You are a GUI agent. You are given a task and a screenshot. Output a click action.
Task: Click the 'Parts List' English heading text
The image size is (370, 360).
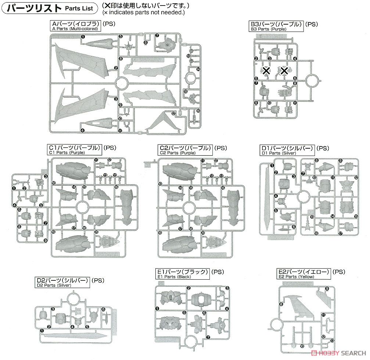(79, 8)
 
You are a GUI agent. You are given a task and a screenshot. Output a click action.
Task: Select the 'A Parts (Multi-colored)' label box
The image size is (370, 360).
(75, 26)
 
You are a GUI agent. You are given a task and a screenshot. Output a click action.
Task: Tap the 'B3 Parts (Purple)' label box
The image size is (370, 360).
(276, 26)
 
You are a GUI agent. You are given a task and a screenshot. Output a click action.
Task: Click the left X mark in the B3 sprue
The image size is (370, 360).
(266, 70)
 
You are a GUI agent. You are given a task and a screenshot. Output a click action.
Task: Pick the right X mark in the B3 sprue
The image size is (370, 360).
(284, 70)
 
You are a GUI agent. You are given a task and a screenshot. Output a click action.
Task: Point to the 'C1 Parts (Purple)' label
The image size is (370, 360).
(75, 150)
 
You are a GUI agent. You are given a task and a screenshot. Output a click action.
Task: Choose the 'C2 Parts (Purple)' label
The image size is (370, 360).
(185, 150)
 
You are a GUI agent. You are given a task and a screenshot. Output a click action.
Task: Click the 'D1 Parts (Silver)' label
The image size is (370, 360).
(287, 150)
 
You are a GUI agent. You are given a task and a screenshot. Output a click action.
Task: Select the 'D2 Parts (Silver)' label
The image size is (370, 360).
(62, 283)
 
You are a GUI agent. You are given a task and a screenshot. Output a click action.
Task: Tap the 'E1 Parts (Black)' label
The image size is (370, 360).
(183, 274)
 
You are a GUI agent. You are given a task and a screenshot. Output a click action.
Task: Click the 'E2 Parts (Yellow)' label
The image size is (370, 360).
(304, 274)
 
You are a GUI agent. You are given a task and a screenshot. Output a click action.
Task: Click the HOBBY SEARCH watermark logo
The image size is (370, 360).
(339, 353)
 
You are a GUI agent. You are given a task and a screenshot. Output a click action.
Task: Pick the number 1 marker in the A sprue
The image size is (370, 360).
(83, 37)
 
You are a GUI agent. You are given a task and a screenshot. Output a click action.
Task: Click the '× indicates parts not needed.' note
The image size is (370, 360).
(143, 12)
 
